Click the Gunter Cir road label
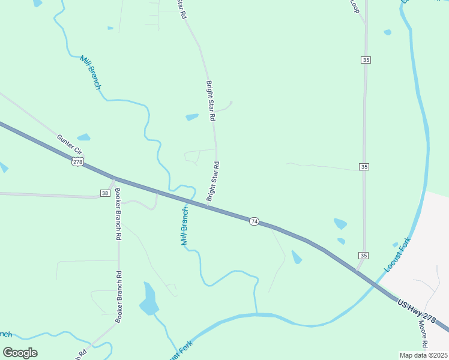pyautogui.click(x=70, y=145)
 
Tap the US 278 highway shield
pyautogui.click(x=77, y=162)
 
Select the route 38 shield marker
pyautogui.click(x=104, y=193)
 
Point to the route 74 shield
pyautogui.click(x=254, y=221)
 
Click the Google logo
pyautogui.click(x=20, y=353)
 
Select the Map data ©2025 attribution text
pyautogui.click(x=423, y=355)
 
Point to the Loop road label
pyautogui.click(x=354, y=6)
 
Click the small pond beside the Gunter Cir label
pyautogui.click(x=83, y=137)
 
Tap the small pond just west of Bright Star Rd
pyautogui.click(x=192, y=117)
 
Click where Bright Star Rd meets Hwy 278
pyautogui.click(x=208, y=206)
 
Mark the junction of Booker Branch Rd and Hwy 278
pyautogui.click(x=115, y=178)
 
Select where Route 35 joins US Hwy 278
pyautogui.click(x=358, y=270)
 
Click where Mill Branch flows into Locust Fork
pyautogui.click(x=256, y=314)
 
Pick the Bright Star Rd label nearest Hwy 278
pyautogui.click(x=212, y=181)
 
